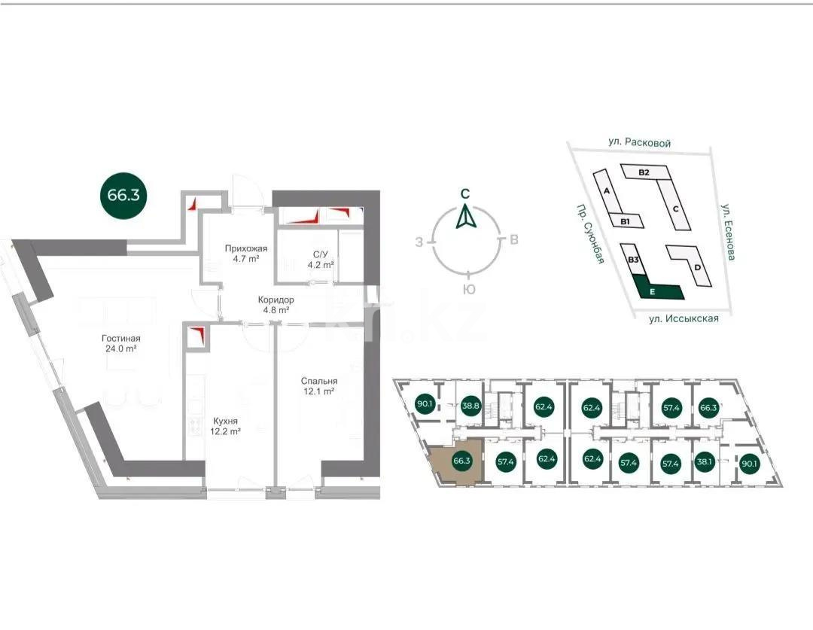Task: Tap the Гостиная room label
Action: click(x=121, y=343)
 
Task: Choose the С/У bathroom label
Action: click(x=320, y=260)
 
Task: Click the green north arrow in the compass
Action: click(x=467, y=218)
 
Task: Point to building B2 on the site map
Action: click(x=644, y=172)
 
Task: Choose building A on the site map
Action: click(x=607, y=192)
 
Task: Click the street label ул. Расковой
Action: click(x=640, y=142)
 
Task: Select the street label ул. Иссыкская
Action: click(x=684, y=318)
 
